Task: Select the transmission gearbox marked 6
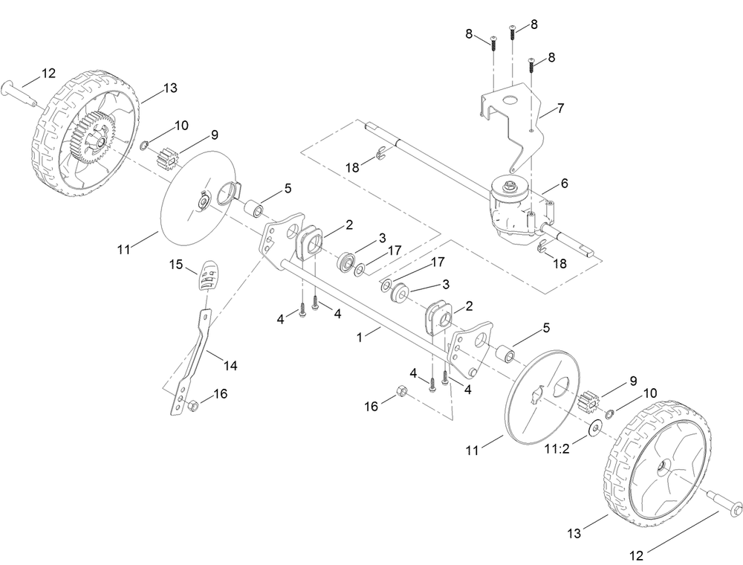coord(513,212)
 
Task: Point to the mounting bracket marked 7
coord(513,112)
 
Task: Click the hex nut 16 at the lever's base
coord(192,406)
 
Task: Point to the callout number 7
coord(561,109)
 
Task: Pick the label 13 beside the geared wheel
coord(170,88)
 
